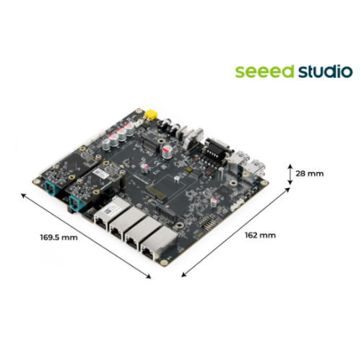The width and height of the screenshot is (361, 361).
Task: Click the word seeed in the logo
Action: tap(264, 71)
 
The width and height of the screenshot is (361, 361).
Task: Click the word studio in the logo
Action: tap(326, 71)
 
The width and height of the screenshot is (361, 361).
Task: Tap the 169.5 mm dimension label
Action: tap(59, 238)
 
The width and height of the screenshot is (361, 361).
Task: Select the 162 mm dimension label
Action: tap(260, 235)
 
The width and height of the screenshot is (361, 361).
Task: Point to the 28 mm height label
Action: tap(310, 173)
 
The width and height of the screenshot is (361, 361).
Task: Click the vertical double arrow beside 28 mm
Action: tap(290, 175)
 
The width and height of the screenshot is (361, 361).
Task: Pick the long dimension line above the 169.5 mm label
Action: tap(86, 235)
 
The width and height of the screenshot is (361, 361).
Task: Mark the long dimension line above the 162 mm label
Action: tap(235, 232)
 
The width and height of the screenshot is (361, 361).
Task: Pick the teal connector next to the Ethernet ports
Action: tap(76, 203)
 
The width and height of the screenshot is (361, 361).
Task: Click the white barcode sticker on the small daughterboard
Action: tap(101, 173)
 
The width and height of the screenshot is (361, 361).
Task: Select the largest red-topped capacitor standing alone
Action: tap(167, 152)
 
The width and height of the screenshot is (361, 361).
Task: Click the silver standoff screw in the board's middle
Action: tap(177, 179)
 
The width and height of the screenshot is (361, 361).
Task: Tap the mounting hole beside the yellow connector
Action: tap(139, 111)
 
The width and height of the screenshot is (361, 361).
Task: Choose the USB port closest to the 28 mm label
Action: tap(256, 168)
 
